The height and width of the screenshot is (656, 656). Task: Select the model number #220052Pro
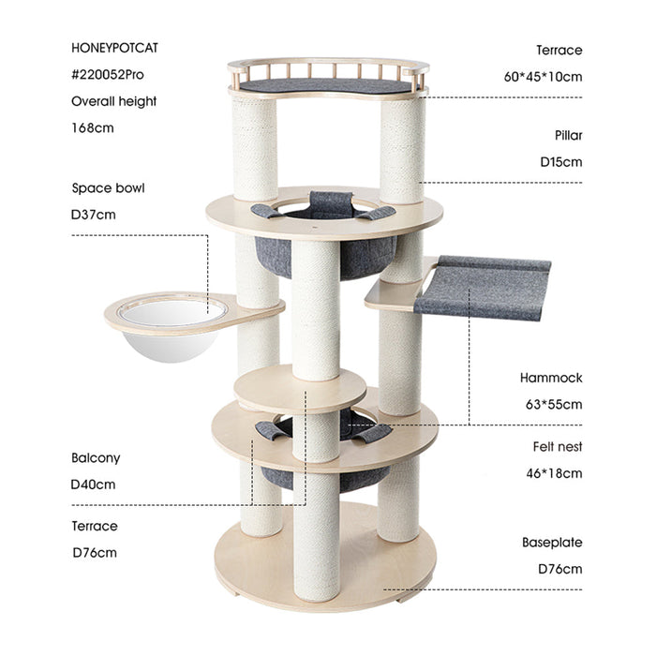(x=108, y=76)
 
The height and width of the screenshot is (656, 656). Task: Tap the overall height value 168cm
(x=93, y=127)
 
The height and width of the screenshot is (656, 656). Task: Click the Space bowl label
(x=108, y=187)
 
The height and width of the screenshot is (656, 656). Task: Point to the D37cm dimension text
(x=94, y=214)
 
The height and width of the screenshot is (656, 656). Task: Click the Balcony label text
(x=96, y=458)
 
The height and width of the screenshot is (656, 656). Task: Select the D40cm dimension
(x=94, y=485)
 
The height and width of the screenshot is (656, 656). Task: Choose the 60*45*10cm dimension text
(x=543, y=76)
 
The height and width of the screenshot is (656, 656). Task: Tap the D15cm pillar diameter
(x=560, y=161)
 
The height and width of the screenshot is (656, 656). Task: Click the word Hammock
(x=551, y=378)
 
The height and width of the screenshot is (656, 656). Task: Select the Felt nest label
(x=552, y=447)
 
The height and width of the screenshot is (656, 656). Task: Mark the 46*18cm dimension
(x=554, y=473)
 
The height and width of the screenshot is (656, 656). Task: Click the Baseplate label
(x=552, y=543)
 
